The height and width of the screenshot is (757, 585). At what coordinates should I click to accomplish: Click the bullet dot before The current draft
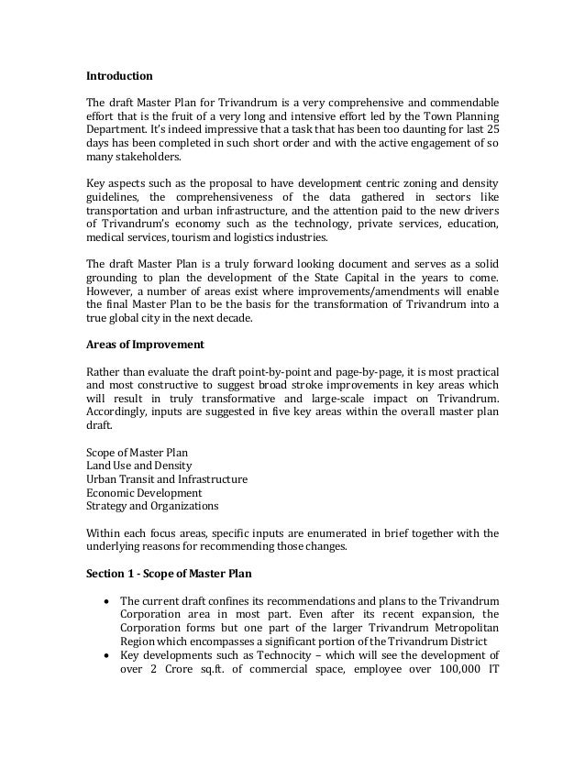(109, 601)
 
